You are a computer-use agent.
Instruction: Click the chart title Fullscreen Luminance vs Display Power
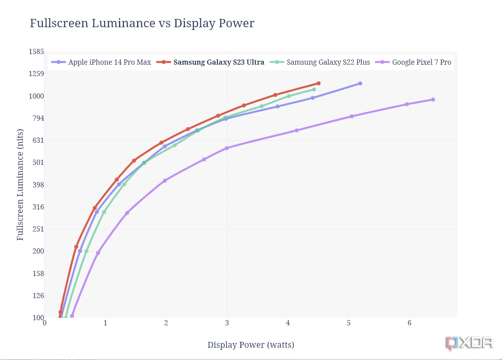click(x=142, y=23)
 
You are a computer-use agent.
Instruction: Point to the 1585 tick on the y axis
click(x=36, y=52)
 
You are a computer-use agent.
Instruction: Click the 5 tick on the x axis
click(x=349, y=323)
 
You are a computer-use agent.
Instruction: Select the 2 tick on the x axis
click(x=166, y=323)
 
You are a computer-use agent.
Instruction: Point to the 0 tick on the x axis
click(x=45, y=323)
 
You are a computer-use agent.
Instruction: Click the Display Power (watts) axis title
click(x=251, y=345)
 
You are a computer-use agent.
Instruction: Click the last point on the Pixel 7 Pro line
click(x=433, y=99)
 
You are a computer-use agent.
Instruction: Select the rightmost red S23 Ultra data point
click(x=318, y=83)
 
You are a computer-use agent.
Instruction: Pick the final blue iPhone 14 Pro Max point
click(x=360, y=83)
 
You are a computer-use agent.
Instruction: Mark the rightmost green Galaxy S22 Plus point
click(x=314, y=90)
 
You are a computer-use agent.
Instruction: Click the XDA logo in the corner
click(x=469, y=343)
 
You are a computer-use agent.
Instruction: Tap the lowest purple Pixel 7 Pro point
click(x=72, y=316)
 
